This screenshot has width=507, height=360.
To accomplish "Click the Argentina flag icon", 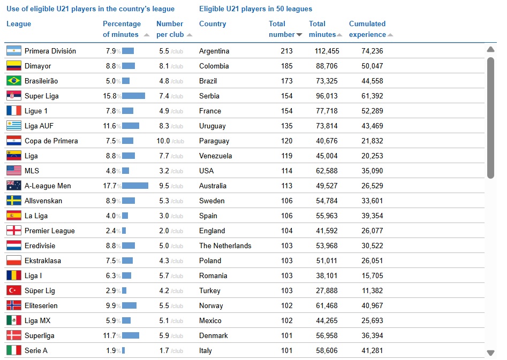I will pos(13,51).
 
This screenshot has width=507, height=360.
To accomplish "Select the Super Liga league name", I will pos(41,96).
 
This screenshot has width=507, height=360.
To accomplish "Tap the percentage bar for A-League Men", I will pos(135,186).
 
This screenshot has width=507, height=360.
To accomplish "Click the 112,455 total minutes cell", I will pos(327,51).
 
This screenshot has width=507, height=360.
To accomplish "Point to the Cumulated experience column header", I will pos(367,29).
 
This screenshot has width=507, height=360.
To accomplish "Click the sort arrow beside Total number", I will pos(299,35).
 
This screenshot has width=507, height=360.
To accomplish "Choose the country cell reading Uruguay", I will pos(212,126).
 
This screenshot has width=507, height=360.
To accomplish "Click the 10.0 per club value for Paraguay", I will pos(163,141).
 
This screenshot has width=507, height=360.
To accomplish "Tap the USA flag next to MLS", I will pos(13,171).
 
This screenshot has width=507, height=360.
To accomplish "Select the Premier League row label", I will pos(49,231).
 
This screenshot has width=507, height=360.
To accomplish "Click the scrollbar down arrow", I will pos(490,353).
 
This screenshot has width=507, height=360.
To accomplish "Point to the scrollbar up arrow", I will pos(490,50).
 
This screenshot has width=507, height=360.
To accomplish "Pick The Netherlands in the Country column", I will pos(225,246).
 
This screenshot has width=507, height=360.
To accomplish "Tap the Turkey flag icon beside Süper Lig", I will pos(13,290).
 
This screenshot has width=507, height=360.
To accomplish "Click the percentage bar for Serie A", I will pos(123,350).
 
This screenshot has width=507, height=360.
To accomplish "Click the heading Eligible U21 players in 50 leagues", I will pos(255,9).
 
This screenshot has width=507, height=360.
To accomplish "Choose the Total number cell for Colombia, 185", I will pos(286,66).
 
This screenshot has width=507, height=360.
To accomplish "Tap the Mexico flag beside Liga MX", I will pos(13,320).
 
